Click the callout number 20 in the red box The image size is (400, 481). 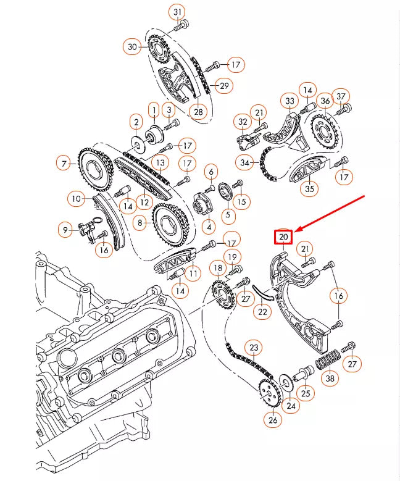[x=283, y=236]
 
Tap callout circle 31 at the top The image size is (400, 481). [x=178, y=12]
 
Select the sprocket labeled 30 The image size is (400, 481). [x=158, y=46]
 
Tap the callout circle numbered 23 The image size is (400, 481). [x=254, y=348]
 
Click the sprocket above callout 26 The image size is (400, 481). [x=267, y=393]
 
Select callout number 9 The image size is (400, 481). [x=65, y=230]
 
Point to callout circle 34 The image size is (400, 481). [x=245, y=162]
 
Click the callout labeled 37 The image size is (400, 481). [x=341, y=96]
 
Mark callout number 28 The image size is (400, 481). [x=198, y=112]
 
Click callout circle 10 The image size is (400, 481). [x=76, y=199]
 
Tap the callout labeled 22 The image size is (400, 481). [x=264, y=312]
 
